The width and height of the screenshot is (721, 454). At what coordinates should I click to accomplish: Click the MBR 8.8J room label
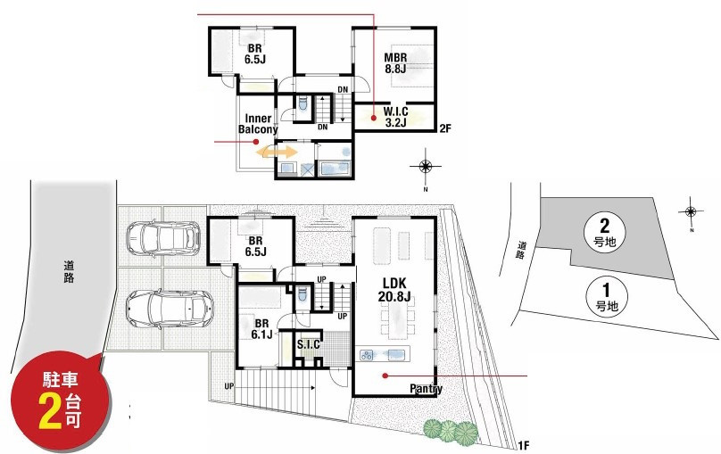click(x=395, y=63)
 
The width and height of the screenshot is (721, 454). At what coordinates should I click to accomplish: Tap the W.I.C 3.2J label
click(x=395, y=117)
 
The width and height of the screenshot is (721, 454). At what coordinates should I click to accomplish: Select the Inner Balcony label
click(x=258, y=124)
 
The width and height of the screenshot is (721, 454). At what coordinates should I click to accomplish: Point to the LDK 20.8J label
click(x=394, y=290)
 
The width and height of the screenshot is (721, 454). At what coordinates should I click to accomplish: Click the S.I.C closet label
click(x=309, y=344)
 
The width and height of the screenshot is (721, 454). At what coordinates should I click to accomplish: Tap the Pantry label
click(x=427, y=389)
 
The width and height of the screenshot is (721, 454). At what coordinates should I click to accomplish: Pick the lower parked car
click(x=170, y=309)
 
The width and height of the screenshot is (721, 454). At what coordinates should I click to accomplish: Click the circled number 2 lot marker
click(x=604, y=232)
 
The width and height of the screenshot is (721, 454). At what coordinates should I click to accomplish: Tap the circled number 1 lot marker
click(x=607, y=297)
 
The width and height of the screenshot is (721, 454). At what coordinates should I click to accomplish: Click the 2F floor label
click(x=445, y=128)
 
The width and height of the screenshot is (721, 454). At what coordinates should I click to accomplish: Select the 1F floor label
click(x=523, y=445)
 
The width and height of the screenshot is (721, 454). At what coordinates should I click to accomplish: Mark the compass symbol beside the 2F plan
click(x=426, y=166)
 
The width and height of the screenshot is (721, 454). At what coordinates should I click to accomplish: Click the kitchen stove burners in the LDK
click(x=367, y=355)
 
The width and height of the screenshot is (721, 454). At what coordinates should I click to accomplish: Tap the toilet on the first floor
click(x=302, y=294)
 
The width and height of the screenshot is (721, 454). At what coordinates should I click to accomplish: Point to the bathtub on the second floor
click(x=336, y=169)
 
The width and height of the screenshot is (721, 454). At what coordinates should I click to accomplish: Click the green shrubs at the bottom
click(x=450, y=431)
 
